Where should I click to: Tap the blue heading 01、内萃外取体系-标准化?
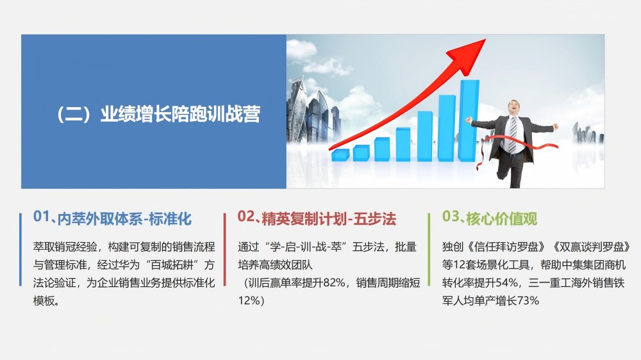[x=112, y=218]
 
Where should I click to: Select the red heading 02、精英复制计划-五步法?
[x=317, y=218]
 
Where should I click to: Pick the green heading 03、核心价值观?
[x=489, y=218]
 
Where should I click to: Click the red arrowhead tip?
[x=485, y=40]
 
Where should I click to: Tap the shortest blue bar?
[x=340, y=155]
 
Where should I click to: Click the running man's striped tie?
[x=513, y=135]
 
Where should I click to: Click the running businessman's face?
[x=514, y=108]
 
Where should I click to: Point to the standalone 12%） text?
[x=251, y=301]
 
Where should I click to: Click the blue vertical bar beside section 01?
[x=21, y=249]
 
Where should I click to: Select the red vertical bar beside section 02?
[x=225, y=249]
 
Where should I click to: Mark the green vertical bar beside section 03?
[x=429, y=249]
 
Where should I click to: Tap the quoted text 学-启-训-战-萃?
[x=303, y=247]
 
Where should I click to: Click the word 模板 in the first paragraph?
[x=44, y=301]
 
